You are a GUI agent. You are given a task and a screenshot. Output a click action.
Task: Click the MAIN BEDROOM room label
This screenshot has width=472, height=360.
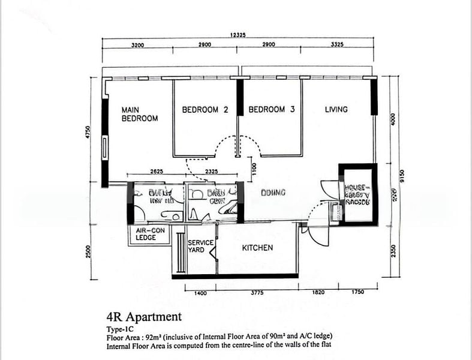[x=139, y=114]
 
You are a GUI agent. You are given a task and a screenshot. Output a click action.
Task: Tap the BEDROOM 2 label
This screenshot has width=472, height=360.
[x=205, y=110]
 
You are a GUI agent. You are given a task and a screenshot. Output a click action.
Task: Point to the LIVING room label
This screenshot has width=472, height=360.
[x=336, y=110]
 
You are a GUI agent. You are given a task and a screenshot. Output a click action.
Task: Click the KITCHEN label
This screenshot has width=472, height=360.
[x=257, y=248]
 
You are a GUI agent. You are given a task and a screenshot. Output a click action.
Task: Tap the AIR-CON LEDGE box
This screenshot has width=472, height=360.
[x=146, y=234]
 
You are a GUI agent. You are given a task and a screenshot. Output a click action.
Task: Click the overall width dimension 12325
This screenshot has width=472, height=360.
[x=238, y=35]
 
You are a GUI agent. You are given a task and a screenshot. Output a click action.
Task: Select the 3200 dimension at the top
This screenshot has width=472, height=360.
[x=137, y=46]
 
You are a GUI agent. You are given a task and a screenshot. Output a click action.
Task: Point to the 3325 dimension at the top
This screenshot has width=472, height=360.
[x=336, y=46]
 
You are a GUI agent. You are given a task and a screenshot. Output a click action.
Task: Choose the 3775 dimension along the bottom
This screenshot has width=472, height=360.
[x=257, y=293]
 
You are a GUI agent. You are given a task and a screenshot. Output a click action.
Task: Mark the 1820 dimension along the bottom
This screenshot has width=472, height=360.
[x=319, y=293]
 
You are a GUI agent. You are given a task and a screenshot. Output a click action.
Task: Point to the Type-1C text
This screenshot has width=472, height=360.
[x=121, y=329]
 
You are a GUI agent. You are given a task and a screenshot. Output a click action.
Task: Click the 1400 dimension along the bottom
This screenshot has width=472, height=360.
[x=200, y=293]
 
